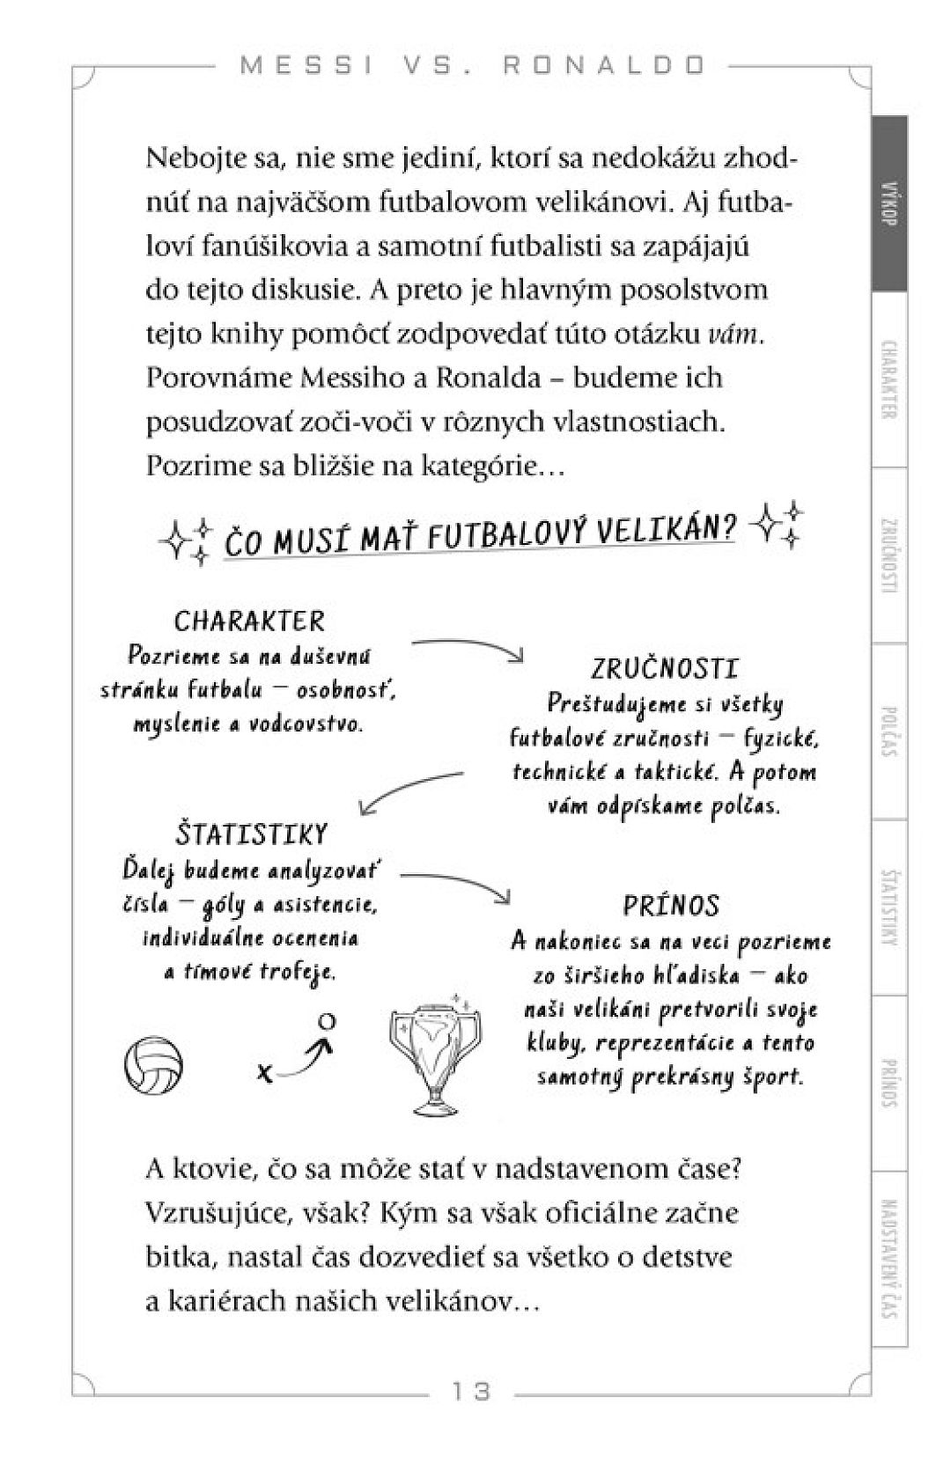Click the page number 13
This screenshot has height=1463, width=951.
[x=471, y=1392]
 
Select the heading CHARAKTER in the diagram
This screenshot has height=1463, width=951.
[x=249, y=621]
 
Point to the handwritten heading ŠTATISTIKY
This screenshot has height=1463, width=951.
[x=252, y=833]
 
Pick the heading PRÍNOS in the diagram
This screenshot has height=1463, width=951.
[x=671, y=905]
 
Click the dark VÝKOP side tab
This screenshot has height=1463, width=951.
[x=888, y=204]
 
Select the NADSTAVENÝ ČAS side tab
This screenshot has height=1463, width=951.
[x=888, y=1259]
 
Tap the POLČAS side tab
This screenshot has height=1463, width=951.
[x=888, y=731]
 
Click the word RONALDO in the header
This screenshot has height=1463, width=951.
[x=605, y=66]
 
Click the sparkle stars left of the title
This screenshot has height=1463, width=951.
[x=186, y=538]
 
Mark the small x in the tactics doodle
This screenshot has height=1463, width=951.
[x=262, y=1072]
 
